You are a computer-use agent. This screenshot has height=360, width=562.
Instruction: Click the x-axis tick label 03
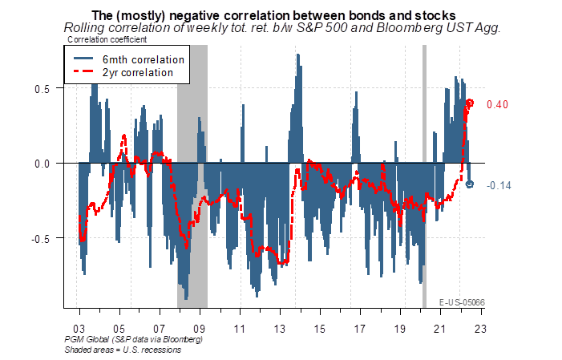[79, 329]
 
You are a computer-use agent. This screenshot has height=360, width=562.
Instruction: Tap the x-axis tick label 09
[200, 329]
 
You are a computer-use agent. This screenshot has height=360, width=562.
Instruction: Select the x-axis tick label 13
[280, 329]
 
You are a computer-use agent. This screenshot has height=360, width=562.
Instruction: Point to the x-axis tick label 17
[360, 329]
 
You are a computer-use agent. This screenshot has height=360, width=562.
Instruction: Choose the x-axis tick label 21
[439, 329]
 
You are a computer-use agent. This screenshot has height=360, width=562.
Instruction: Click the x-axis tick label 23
[480, 329]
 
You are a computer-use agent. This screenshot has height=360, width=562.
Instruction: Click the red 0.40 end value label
[499, 104]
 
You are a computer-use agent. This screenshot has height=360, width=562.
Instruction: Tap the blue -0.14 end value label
[499, 185]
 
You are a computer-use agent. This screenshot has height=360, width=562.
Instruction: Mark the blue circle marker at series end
[471, 184]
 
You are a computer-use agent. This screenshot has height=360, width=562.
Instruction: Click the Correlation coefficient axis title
[102, 39]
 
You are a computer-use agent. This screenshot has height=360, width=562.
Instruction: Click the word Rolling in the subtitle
[85, 27]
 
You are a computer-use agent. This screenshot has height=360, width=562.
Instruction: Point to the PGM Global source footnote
[134, 340]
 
